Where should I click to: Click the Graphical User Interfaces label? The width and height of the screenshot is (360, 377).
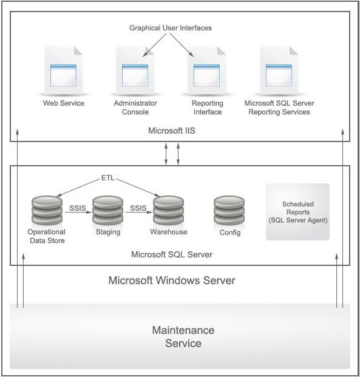[x=171, y=28]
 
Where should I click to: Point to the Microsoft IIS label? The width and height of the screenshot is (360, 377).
[x=172, y=131]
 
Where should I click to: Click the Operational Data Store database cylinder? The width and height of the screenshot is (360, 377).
[x=46, y=210]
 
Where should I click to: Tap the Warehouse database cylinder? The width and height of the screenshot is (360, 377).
[x=168, y=210]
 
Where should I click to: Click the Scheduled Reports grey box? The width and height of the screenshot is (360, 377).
[x=297, y=212]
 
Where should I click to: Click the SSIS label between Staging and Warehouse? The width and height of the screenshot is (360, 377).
[x=138, y=208]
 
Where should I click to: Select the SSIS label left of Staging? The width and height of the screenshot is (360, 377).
[x=77, y=208]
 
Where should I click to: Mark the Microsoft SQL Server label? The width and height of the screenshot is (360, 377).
[x=172, y=254]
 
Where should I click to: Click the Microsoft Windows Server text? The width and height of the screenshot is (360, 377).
[x=171, y=280]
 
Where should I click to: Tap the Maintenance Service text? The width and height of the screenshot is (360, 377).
[x=183, y=337]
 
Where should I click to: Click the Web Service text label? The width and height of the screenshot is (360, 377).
[x=63, y=103]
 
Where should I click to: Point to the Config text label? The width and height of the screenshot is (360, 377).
[x=230, y=233]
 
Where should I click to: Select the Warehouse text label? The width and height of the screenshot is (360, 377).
[x=168, y=232]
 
